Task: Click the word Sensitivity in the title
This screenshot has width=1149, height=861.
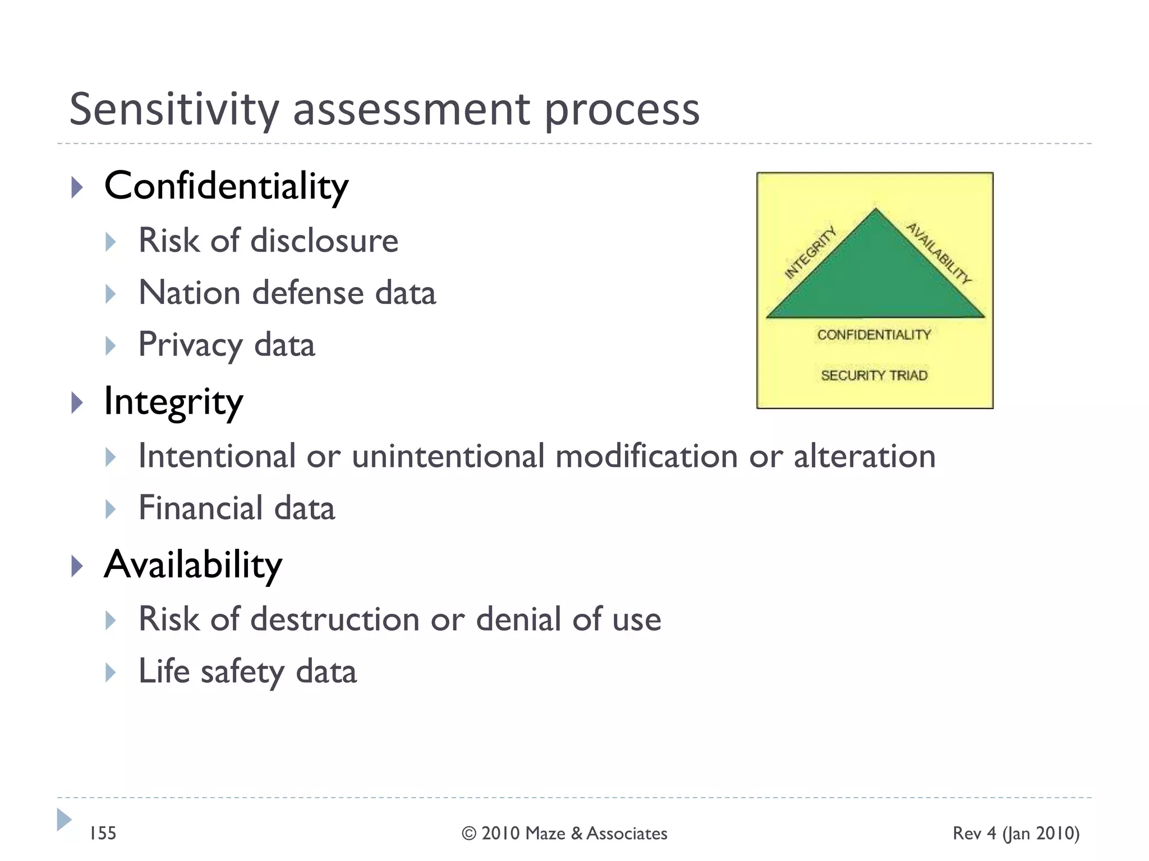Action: [x=174, y=109]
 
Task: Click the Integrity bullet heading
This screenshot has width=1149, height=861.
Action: [x=173, y=401]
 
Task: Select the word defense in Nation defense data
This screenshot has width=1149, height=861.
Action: [x=307, y=293]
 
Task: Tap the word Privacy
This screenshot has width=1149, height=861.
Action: [x=190, y=345]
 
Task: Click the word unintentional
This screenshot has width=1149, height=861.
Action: [x=448, y=456]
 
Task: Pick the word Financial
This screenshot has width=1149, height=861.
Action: [x=200, y=508]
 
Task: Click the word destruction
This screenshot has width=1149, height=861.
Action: [x=334, y=619]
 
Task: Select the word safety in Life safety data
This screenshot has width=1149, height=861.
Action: [x=242, y=672]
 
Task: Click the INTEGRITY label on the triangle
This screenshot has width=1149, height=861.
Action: [x=810, y=253]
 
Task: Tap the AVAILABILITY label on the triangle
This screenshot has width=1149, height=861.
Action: [x=939, y=253]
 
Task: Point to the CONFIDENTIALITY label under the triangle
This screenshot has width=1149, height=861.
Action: [x=874, y=335]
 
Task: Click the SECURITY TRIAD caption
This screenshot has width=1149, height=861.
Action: [x=874, y=375]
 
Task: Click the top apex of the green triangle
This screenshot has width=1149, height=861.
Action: [x=875, y=210]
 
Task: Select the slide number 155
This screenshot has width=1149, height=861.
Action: [x=103, y=834]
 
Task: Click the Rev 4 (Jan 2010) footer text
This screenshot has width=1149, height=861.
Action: [x=1015, y=834]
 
